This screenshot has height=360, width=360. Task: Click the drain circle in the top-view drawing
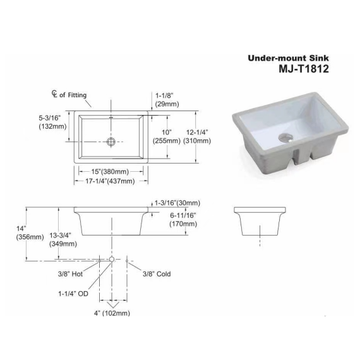[112, 141]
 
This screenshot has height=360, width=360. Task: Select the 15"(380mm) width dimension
[111, 171]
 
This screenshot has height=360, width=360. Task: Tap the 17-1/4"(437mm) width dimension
[111, 181]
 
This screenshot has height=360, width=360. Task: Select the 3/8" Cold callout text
[157, 274]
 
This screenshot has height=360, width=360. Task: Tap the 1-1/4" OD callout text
[74, 294]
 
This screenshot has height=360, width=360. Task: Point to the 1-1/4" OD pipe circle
[112, 260]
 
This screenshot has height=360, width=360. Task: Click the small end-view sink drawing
[259, 221]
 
